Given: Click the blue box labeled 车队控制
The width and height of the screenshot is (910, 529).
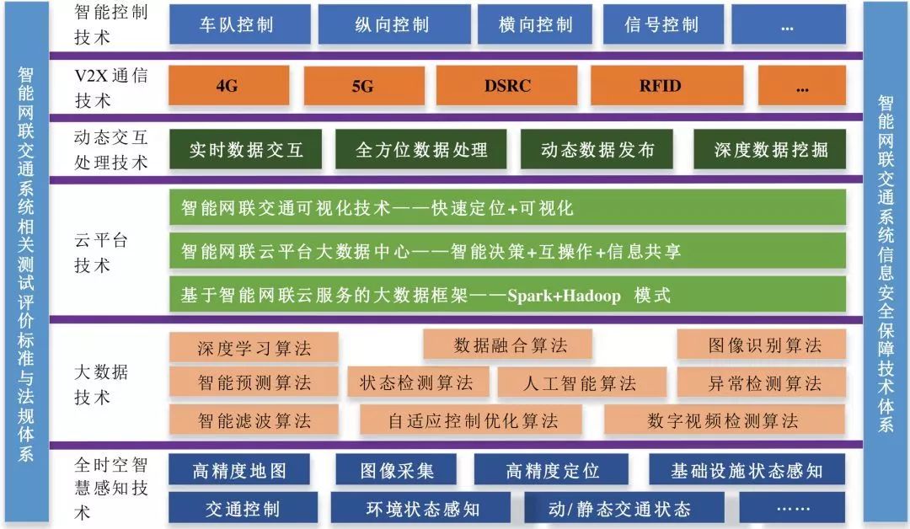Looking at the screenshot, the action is [x=236, y=24].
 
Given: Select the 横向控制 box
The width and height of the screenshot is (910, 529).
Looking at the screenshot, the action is [x=536, y=24].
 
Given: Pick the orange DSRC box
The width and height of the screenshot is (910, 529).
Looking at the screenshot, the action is [x=507, y=86].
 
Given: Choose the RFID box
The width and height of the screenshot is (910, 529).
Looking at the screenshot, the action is [x=660, y=86].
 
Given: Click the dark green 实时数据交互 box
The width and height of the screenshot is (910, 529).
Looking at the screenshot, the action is [x=245, y=150].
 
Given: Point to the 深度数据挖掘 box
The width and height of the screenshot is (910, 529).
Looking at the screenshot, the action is [x=770, y=150].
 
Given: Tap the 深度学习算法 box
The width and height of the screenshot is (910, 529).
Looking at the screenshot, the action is [x=254, y=347].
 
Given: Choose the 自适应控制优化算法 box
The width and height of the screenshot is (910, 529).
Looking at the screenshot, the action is [x=473, y=420].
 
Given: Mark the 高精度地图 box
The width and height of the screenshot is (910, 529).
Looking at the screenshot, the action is [x=239, y=470].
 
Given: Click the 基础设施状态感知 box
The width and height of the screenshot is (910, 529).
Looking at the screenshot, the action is [x=747, y=470].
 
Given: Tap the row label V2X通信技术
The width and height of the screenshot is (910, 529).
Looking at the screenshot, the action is [x=110, y=88].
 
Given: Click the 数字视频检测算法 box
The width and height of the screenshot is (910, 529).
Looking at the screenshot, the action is [x=722, y=420].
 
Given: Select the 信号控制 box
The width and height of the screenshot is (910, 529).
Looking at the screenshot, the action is [x=661, y=24].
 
